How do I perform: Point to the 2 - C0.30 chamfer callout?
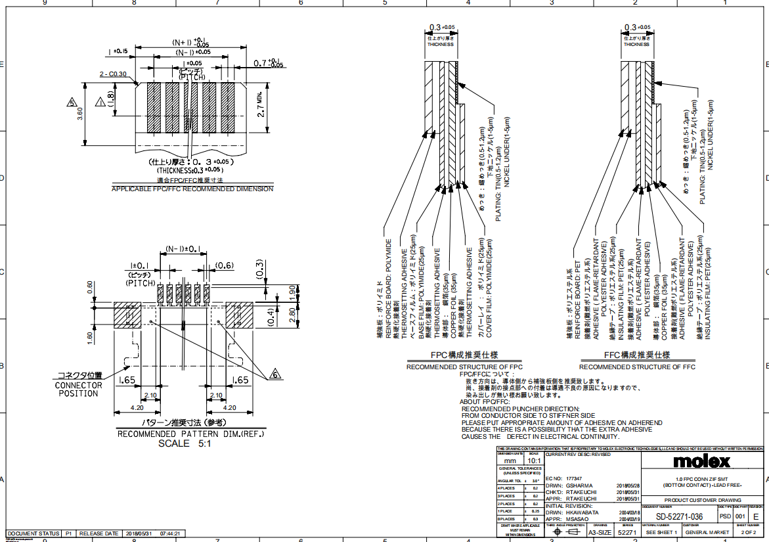(x=113, y=74)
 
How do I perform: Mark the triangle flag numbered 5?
(x=72, y=102)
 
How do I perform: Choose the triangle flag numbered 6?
(x=275, y=374)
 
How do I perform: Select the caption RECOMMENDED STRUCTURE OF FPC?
(x=464, y=367)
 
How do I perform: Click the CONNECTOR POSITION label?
(x=78, y=389)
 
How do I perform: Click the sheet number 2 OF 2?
(x=748, y=533)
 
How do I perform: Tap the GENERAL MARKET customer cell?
(x=706, y=533)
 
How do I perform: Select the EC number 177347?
(x=573, y=478)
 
